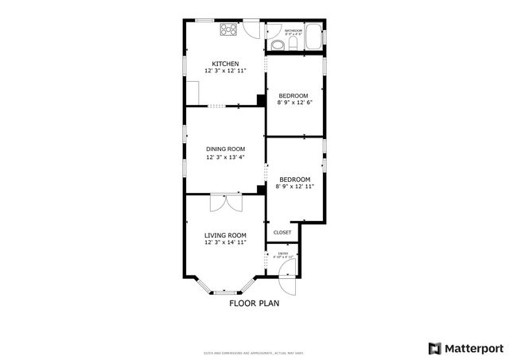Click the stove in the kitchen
228,29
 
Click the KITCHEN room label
225,64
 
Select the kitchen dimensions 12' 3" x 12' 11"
225,72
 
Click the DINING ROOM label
225,149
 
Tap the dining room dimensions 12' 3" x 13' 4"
225,157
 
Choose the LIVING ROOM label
225,234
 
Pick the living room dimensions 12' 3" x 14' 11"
225,242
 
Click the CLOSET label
282,232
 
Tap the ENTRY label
284,254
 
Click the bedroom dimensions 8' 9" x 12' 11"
295,187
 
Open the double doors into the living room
225,203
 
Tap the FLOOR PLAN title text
254,303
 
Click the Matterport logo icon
433,347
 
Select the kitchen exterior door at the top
252,26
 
